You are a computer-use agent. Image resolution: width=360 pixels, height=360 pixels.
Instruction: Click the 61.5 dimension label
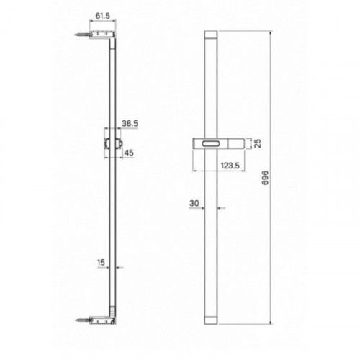coord(102,16)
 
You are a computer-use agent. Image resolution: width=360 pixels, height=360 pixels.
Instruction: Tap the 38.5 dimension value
coord(130,124)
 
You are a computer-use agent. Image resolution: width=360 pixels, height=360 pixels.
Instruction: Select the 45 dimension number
coord(129,153)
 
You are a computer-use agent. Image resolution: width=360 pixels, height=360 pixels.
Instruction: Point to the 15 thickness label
coord(101,262)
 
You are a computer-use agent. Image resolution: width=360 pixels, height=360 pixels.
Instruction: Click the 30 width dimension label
coord(194,203)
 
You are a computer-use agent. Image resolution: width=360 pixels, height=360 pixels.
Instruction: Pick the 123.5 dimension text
coord(230,166)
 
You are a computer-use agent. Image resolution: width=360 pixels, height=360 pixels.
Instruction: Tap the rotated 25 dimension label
coord(257,143)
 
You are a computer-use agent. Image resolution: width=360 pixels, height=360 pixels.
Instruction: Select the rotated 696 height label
coord(265,178)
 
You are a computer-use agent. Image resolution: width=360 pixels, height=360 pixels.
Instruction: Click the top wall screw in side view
coord(83,35)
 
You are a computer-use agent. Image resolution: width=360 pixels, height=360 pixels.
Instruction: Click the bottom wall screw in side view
coord(83,152)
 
